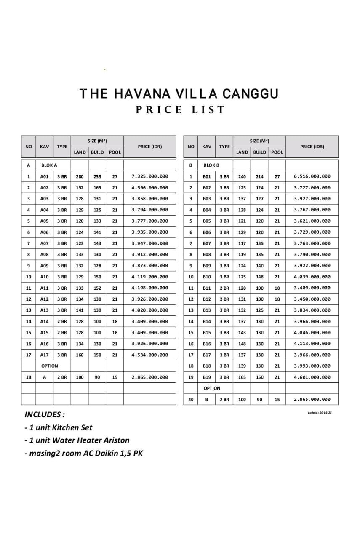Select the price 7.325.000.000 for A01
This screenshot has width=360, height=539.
tap(149, 176)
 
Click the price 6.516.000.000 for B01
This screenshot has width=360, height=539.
tap(312, 177)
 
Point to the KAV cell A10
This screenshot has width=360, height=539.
tap(44, 277)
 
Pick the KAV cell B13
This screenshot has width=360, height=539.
tap(207, 310)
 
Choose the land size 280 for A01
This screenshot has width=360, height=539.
tap(80, 176)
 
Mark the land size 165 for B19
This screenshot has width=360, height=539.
tap(242, 377)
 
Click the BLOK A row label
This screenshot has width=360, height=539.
tap(49, 165)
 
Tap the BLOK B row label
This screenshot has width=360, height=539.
tap(211, 165)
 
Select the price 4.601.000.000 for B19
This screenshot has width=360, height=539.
tap(312, 377)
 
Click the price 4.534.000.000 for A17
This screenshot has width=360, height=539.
tap(149, 355)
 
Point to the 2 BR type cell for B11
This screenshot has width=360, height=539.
tap(224, 288)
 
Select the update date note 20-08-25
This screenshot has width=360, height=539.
tap(320, 413)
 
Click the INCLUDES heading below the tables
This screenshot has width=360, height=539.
tap(45, 414)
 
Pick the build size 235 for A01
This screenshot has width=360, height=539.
tap(97, 176)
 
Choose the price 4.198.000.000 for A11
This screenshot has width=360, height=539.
tap(149, 288)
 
